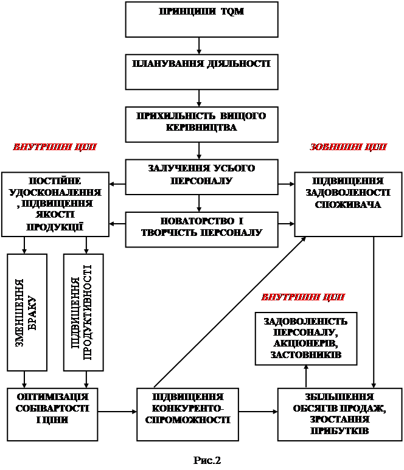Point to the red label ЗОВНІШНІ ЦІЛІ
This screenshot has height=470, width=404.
[x=348, y=148]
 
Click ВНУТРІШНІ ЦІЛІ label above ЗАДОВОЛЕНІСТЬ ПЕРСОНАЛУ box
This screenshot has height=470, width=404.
[x=303, y=298]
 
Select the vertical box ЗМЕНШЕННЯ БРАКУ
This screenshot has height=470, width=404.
[x=27, y=312]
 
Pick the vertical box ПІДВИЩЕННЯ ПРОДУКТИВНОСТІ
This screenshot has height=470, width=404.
[x=83, y=312]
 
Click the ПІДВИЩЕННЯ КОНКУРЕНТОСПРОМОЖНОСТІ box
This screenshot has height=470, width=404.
[x=192, y=414]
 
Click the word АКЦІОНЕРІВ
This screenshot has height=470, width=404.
[x=305, y=344]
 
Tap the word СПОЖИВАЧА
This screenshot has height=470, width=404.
[x=348, y=204]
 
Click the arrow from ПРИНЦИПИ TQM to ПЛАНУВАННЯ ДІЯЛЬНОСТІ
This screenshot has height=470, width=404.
[x=200, y=45]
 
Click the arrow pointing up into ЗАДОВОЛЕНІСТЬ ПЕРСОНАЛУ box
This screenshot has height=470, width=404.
[x=306, y=376]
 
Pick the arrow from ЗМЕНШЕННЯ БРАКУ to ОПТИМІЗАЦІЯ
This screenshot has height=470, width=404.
[x=25, y=379]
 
